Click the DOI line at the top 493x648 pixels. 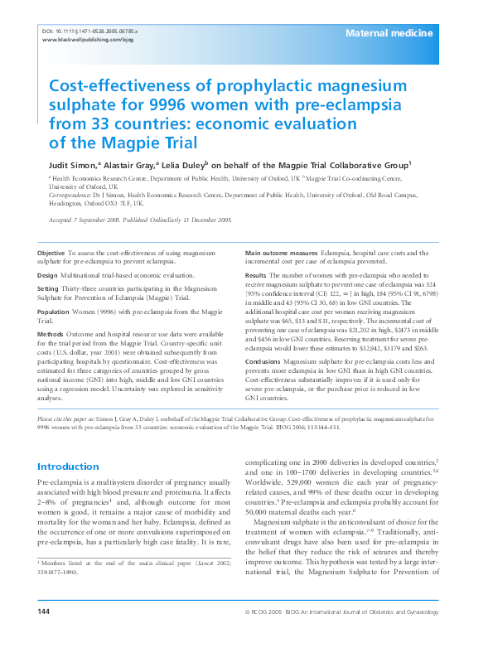click(89, 31)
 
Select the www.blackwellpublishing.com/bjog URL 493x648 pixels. click(87, 40)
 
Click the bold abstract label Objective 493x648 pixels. click(51, 252)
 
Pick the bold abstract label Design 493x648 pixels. click(48, 274)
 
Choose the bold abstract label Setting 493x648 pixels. click(49, 289)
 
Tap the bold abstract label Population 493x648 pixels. click(54, 312)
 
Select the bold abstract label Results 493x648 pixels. click(256, 274)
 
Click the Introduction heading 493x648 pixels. click(68, 467)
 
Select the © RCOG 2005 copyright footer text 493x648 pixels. click(280, 634)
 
